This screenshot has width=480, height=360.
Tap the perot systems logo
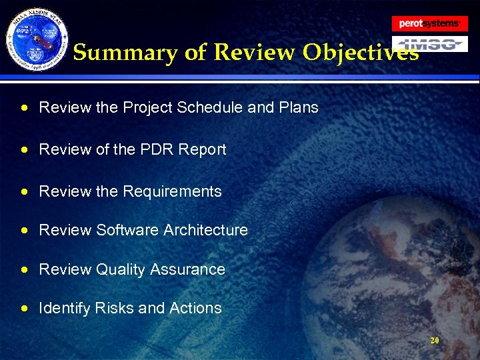click(429, 23)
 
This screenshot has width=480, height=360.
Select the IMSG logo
click(429, 45)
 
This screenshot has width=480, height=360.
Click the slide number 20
click(435, 340)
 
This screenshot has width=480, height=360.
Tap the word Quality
click(121, 270)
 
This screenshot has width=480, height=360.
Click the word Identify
click(65, 308)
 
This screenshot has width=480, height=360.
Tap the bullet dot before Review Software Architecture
click(25, 231)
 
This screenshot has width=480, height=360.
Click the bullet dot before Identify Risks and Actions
click(25, 309)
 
